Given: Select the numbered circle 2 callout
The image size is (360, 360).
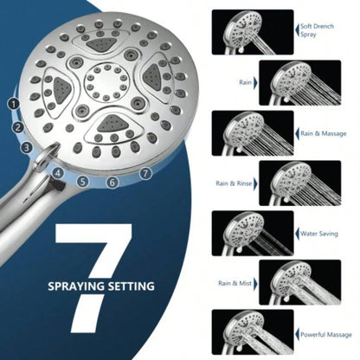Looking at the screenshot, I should [x=17, y=127].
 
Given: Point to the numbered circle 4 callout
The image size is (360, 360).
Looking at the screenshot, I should [x=58, y=172].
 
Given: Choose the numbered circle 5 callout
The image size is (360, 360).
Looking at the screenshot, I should [x=82, y=181].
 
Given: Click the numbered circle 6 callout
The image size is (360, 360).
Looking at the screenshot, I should [x=112, y=182].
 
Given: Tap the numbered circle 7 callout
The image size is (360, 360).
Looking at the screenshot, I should [x=145, y=173].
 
